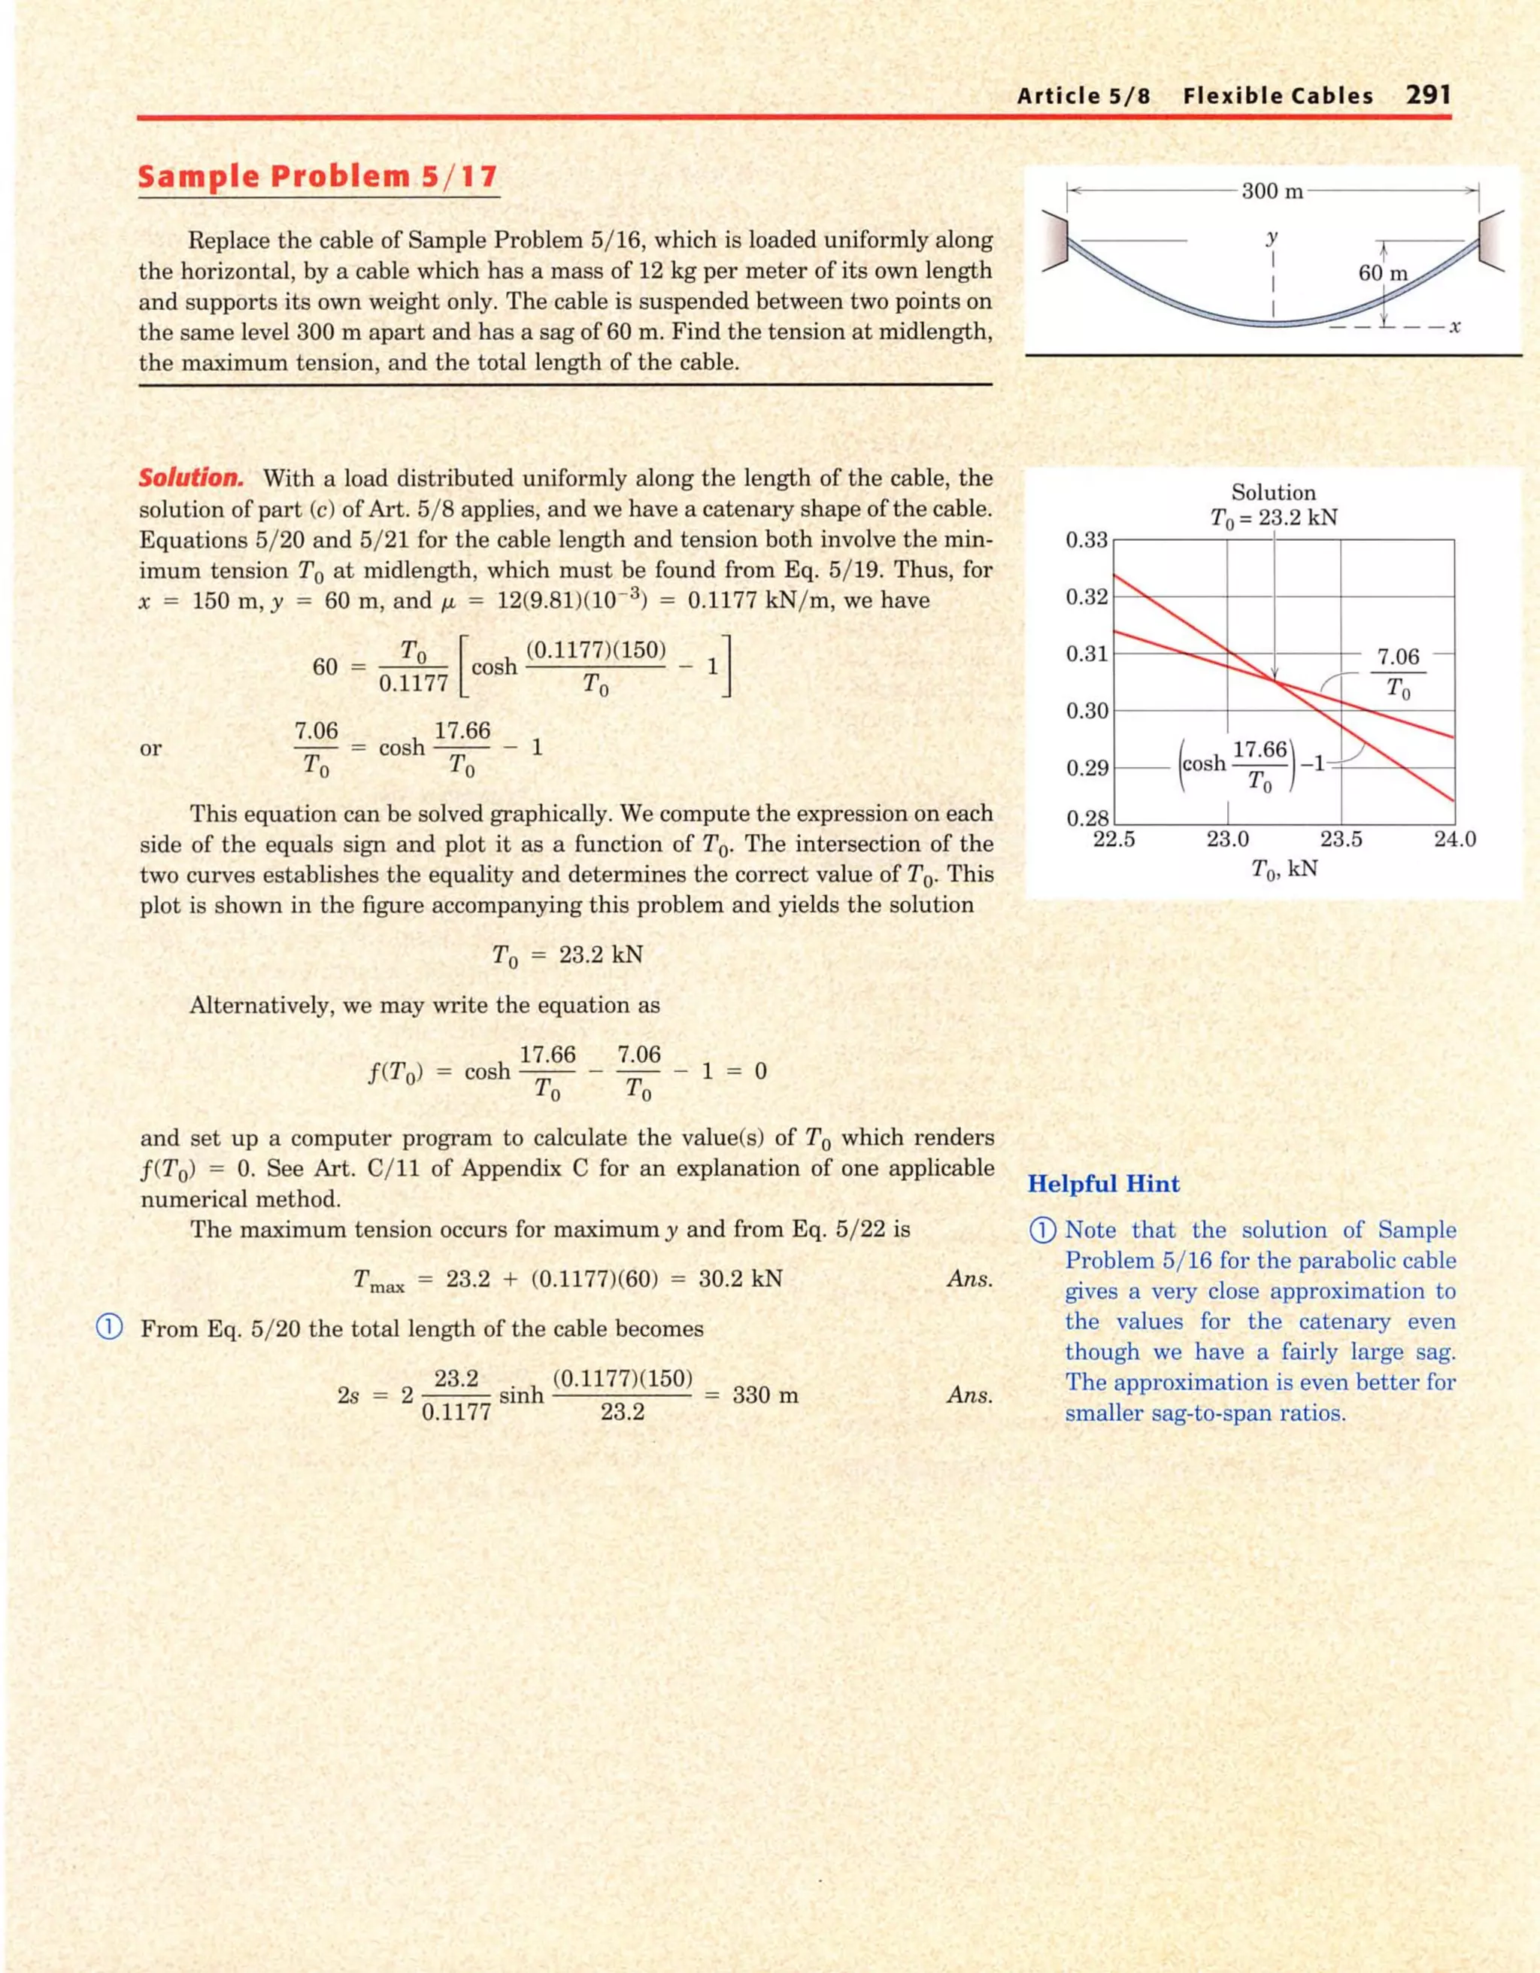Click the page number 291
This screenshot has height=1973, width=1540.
(1428, 95)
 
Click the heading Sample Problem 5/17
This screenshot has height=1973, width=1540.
(317, 176)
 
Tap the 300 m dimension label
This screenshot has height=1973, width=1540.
(1272, 190)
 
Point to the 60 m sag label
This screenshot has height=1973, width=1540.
(1383, 273)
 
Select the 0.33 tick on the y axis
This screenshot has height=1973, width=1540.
(1087, 540)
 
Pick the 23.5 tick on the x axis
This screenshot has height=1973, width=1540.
(1341, 839)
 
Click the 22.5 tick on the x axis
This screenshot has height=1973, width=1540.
(1114, 839)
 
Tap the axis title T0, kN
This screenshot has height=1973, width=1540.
(1284, 869)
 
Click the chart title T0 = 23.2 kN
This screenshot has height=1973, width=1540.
(1274, 518)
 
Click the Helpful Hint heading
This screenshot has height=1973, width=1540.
(1104, 1185)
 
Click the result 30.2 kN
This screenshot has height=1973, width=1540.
(741, 1279)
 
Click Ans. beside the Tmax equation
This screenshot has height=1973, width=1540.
(970, 1279)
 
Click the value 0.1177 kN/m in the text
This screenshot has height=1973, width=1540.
(808, 601)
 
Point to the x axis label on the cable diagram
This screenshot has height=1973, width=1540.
(1454, 327)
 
